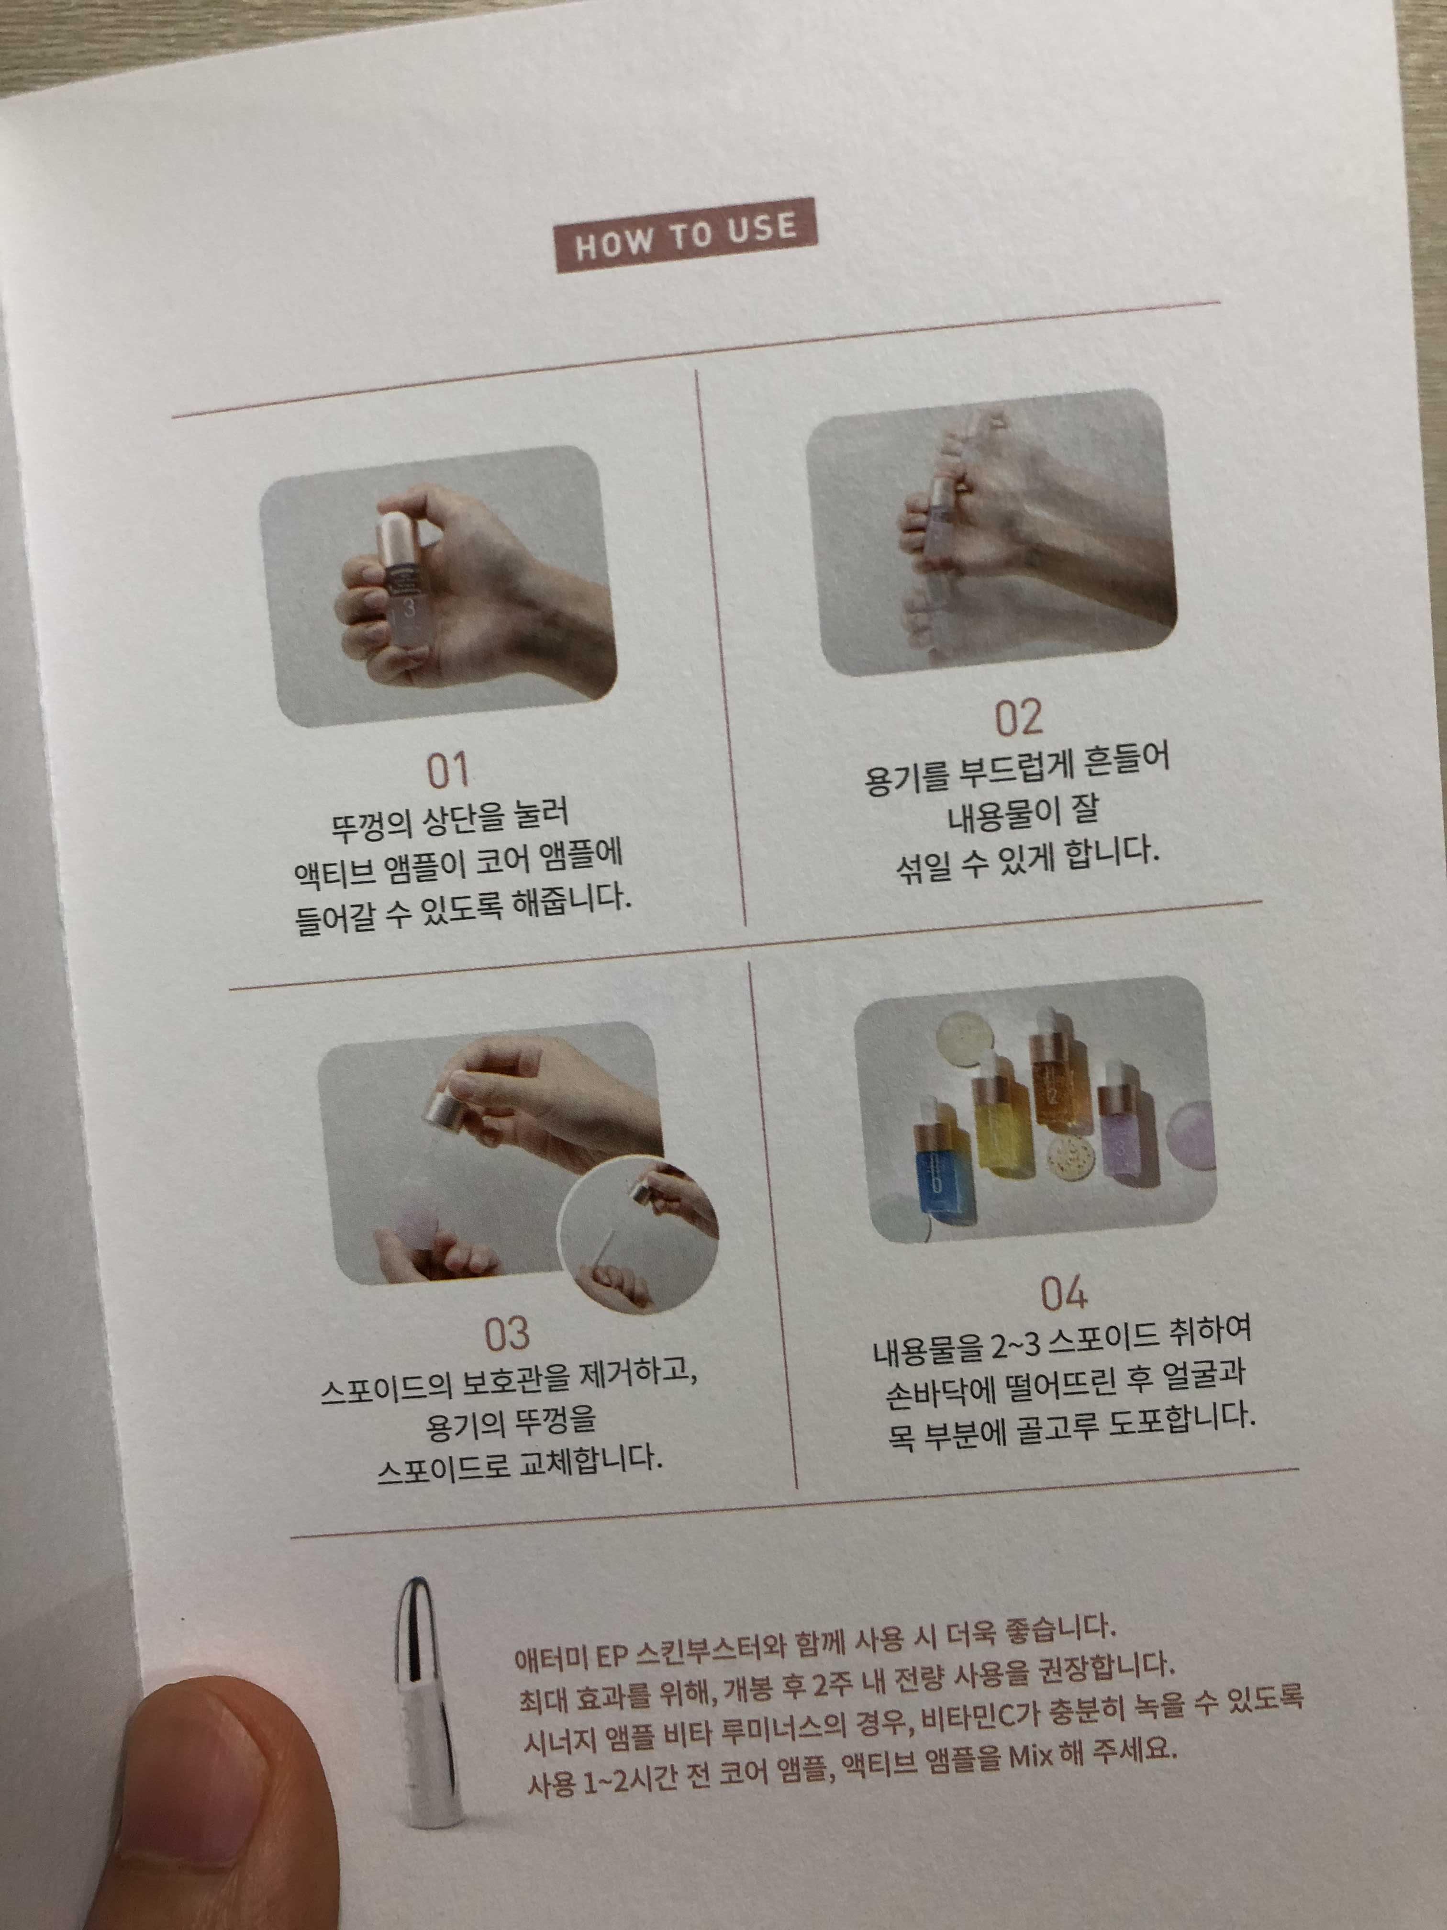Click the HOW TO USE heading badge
[687, 235]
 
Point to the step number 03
[507, 1334]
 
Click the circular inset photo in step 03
[637, 1237]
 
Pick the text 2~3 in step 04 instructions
[1015, 1347]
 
